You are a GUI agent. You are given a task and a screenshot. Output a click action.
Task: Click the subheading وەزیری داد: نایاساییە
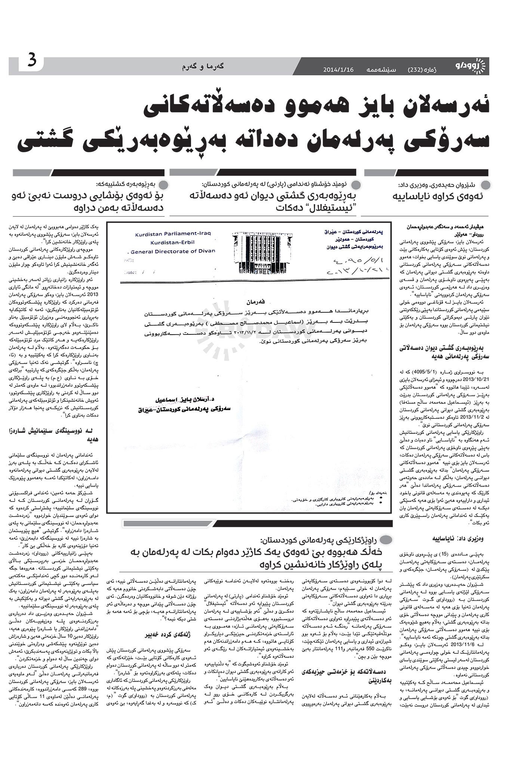tap(463, 539)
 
